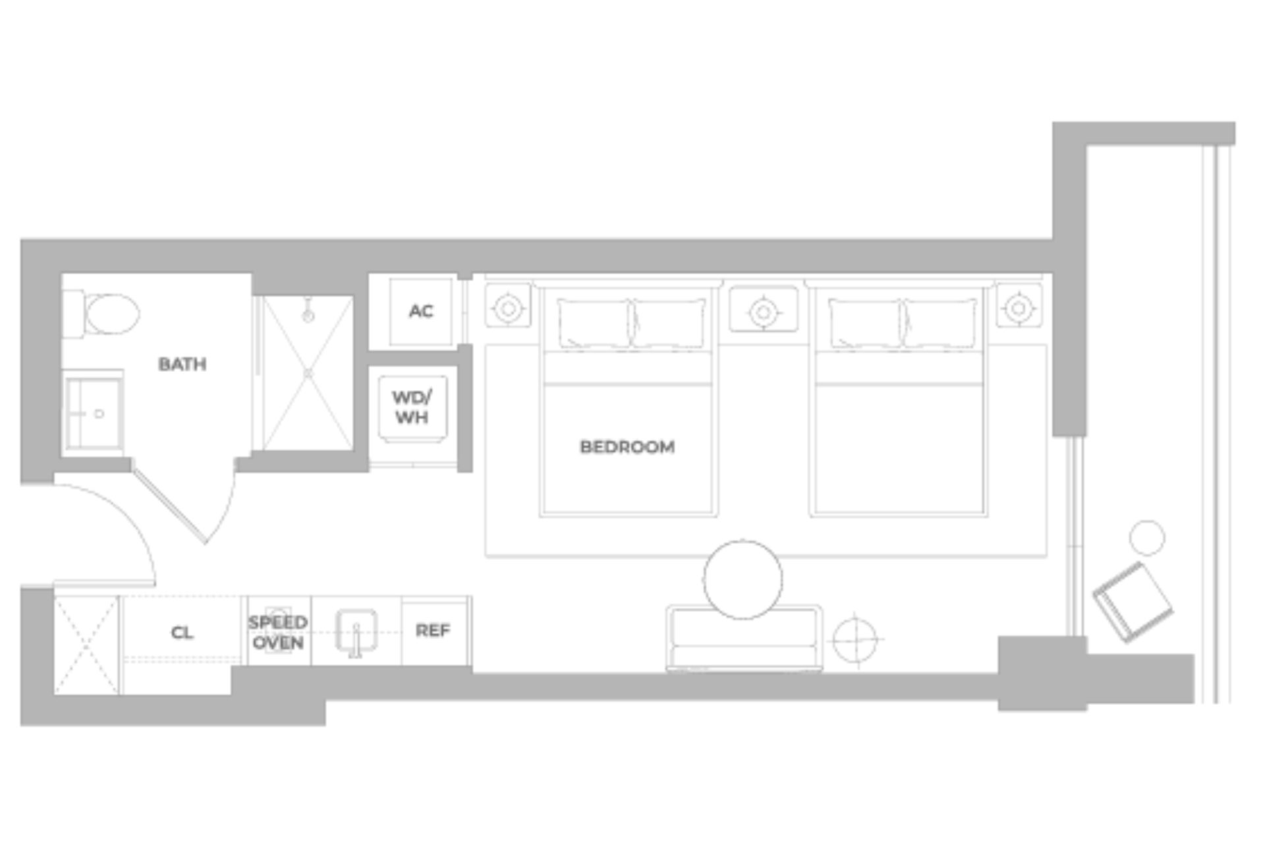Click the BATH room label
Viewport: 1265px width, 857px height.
[183, 364]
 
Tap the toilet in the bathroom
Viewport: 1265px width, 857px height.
[109, 314]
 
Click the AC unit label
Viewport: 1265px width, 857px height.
[421, 311]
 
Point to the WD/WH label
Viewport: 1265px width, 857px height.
[412, 407]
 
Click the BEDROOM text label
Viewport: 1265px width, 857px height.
[627, 447]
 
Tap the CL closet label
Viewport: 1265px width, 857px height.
[182, 633]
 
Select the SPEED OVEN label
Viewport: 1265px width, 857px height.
[278, 633]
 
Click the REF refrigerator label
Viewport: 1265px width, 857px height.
[433, 631]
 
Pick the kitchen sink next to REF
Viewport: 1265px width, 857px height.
[356, 632]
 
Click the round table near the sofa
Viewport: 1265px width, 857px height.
[743, 579]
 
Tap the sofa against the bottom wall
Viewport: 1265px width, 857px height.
[745, 643]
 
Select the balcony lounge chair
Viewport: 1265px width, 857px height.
[1133, 601]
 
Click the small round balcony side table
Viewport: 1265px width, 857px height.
[1147, 537]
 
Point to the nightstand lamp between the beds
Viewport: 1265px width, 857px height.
[763, 310]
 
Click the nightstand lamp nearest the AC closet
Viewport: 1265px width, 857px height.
[508, 307]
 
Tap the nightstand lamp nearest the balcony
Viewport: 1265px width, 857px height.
[1019, 307]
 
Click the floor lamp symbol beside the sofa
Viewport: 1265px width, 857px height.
[855, 639]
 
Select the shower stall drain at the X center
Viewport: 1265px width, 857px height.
[308, 374]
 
